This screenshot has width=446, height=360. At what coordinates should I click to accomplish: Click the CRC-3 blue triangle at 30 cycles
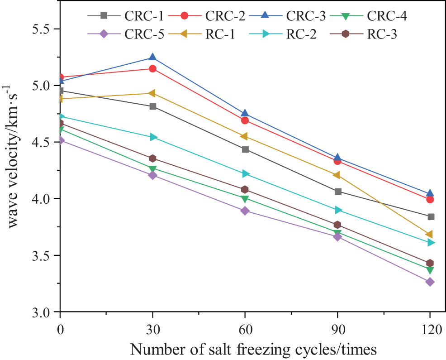[x=152, y=57]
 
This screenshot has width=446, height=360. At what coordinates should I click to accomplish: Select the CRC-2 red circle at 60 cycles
[x=245, y=120]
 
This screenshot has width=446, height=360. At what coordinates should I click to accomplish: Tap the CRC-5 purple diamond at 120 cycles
[x=430, y=282]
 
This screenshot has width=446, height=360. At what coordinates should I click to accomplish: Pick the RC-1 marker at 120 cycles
[x=430, y=235]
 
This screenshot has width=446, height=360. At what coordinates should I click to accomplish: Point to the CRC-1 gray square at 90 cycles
[x=337, y=192]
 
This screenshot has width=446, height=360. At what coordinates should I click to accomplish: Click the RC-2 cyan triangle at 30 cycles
[x=153, y=137]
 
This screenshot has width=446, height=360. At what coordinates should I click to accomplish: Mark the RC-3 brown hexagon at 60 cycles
[x=245, y=189]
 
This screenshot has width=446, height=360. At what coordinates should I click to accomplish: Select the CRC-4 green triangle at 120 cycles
[x=430, y=270]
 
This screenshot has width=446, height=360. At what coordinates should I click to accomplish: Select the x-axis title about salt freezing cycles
[x=253, y=349]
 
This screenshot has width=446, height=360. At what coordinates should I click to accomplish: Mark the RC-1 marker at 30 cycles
[x=152, y=93]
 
